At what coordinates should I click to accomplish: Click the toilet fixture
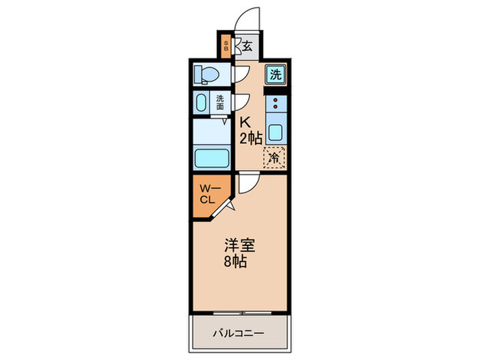tap(206, 73)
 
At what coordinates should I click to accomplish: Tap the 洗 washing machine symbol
tap(276, 75)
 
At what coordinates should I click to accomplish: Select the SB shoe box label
tap(227, 46)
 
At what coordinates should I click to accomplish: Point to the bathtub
tap(212, 158)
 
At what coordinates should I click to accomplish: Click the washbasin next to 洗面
tap(201, 104)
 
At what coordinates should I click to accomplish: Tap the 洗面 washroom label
tap(220, 102)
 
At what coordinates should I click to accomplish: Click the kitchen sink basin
tap(276, 132)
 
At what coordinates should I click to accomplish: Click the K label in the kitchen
tap(245, 122)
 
